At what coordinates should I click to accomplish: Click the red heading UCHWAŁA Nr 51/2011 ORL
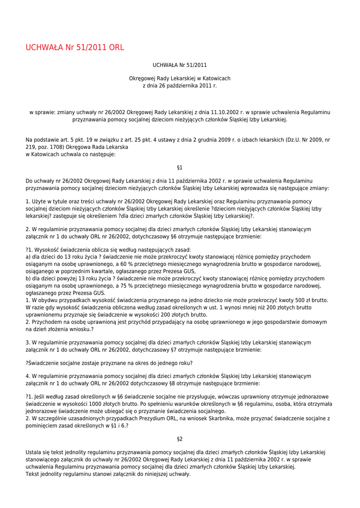(74, 48)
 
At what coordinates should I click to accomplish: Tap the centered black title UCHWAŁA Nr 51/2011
(180, 65)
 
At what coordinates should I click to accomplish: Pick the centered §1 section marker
(180, 168)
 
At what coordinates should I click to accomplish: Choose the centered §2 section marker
(180, 439)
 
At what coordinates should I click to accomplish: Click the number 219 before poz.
(30, 147)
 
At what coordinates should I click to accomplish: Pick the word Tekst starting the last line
(33, 474)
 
